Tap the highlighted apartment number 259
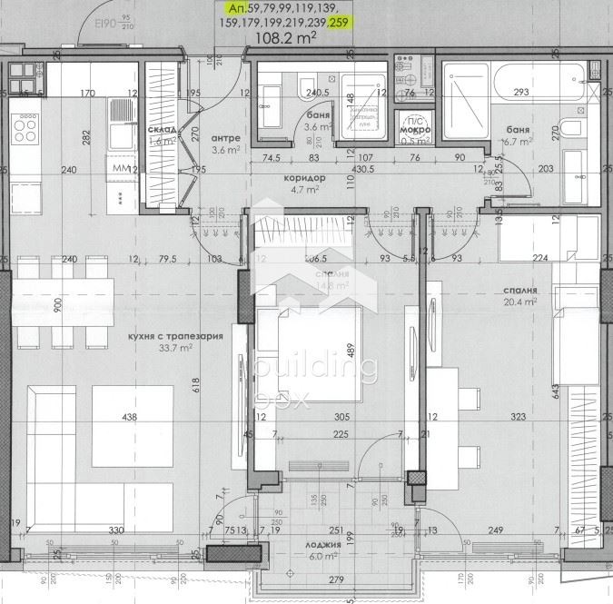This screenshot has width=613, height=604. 338,23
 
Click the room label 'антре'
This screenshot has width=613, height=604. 225,138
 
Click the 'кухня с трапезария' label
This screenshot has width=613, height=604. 175,335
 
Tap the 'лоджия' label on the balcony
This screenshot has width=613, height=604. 323,545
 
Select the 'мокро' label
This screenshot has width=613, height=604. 414,129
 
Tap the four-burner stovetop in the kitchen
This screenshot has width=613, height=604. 25,129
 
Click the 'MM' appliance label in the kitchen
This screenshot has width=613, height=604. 121,169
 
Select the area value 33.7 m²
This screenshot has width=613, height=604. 176,347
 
